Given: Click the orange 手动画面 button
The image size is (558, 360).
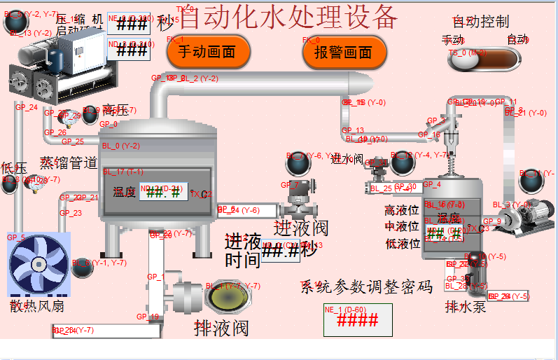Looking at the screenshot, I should [208, 52].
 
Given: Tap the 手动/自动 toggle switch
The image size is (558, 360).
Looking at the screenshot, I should [484, 59].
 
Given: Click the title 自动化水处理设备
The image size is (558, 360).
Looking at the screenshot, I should [288, 16].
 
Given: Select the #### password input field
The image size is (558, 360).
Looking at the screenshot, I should [358, 320].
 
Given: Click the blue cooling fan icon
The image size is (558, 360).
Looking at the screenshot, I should [39, 265].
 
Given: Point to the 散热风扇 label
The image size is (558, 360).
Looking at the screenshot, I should [37, 306].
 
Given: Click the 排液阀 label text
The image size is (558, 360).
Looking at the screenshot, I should [221, 327].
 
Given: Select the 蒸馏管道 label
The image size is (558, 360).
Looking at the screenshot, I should [69, 163].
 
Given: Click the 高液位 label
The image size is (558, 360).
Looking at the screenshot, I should [402, 210].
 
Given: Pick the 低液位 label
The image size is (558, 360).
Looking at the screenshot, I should [402, 244].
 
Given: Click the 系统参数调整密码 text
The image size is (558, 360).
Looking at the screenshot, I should [366, 286].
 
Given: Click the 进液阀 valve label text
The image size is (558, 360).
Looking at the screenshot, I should [300, 228].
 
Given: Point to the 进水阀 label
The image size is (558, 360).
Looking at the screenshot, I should [347, 159].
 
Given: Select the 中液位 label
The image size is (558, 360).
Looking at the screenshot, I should [402, 227].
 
